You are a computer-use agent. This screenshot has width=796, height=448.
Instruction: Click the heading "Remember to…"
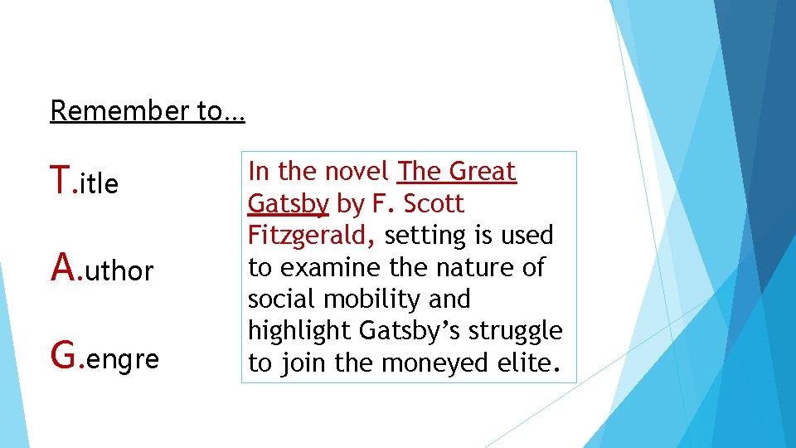pyautogui.click(x=148, y=110)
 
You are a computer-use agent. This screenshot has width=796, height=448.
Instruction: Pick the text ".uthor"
pyautogui.click(x=115, y=270)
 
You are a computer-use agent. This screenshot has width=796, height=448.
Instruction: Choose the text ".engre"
pyautogui.click(x=119, y=359)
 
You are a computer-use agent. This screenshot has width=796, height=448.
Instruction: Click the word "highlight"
pyautogui.click(x=300, y=331)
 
